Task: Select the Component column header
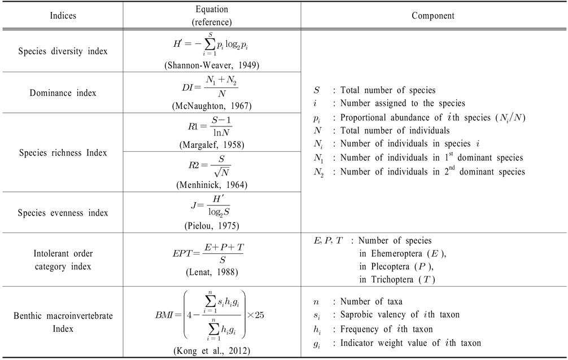[434, 14]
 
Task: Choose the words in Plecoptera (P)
[399, 267]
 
